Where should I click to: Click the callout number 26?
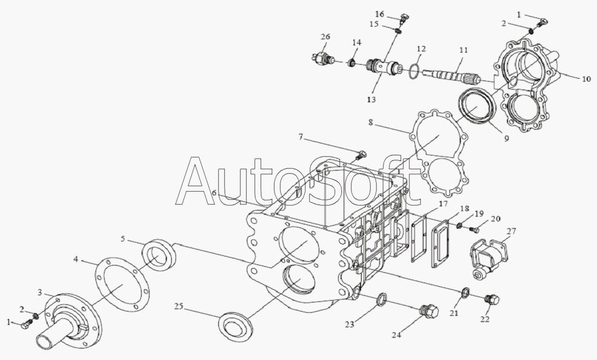click(x=325, y=37)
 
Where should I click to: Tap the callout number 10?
click(x=586, y=79)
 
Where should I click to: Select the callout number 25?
click(x=179, y=306)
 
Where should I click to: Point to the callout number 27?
click(x=511, y=231)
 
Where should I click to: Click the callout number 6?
click(x=214, y=193)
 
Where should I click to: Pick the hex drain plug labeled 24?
click(x=429, y=310)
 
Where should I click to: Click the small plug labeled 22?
click(x=492, y=300)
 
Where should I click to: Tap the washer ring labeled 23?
click(x=382, y=299)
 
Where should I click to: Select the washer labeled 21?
click(x=465, y=293)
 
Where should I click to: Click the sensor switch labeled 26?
click(x=323, y=59)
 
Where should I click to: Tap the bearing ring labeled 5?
click(x=158, y=255)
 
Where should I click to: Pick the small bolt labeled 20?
click(x=474, y=229)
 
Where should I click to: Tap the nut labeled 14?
click(x=352, y=63)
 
